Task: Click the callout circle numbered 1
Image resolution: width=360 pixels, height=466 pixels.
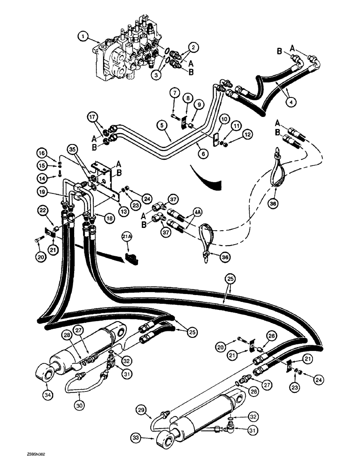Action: (83, 35)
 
